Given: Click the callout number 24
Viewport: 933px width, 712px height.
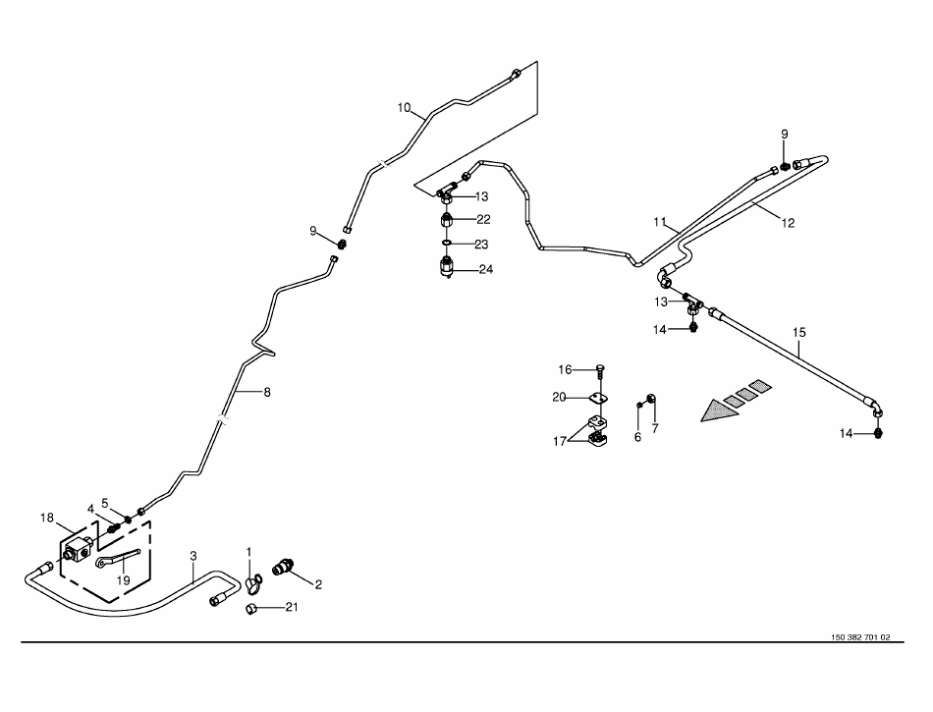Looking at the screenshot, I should (484, 269).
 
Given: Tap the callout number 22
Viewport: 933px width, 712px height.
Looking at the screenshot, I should (483, 219).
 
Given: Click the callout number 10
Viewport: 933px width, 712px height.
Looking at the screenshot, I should (404, 107).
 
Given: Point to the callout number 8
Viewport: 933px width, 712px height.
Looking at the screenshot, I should (266, 393).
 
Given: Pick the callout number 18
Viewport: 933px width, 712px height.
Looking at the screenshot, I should (45, 517).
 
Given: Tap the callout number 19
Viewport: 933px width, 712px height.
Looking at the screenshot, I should (125, 579).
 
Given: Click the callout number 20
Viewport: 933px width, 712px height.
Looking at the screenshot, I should (559, 398).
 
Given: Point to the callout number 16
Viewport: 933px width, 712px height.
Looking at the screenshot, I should (565, 369).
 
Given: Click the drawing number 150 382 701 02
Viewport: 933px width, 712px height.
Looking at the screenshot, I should (860, 637).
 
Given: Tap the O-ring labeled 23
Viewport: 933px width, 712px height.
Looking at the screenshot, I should (446, 244).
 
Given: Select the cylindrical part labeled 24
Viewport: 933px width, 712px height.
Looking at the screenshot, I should (448, 266).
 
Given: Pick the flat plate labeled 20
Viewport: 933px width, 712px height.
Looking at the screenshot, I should (597, 398).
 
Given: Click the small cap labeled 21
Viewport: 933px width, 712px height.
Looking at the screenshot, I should (250, 609).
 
